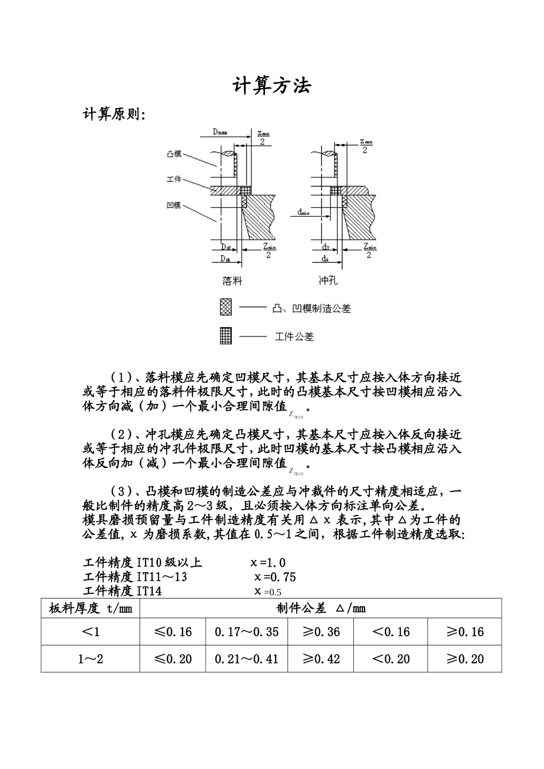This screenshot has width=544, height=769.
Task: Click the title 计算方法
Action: click(x=271, y=86)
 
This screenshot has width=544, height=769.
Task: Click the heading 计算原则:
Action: click(x=115, y=114)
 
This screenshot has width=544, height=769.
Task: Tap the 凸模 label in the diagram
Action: click(x=174, y=154)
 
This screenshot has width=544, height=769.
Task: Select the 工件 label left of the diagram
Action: click(x=174, y=179)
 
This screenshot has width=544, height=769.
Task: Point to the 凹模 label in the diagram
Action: click(x=174, y=205)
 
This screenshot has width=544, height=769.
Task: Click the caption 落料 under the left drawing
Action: click(x=232, y=281)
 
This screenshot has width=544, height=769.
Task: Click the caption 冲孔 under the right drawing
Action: click(x=329, y=281)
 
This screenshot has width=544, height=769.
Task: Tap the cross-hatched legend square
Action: click(x=226, y=308)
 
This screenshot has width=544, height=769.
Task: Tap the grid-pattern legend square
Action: click(x=226, y=335)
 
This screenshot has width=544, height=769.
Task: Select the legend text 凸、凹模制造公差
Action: click(x=312, y=308)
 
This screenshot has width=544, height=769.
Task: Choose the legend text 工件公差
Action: click(x=294, y=336)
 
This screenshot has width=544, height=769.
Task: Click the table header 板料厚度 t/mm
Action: click(x=90, y=608)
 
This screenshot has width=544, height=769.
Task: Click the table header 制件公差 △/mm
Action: click(x=321, y=608)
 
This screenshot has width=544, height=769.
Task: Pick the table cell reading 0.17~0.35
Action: click(x=247, y=632)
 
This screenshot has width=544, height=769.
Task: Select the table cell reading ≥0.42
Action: click(x=321, y=659)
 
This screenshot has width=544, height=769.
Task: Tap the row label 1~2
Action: click(x=90, y=659)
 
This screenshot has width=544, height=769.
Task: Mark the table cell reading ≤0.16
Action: click(x=173, y=632)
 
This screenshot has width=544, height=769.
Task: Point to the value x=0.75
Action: click(x=275, y=577)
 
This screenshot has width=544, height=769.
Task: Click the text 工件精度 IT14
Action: click(x=123, y=591)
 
